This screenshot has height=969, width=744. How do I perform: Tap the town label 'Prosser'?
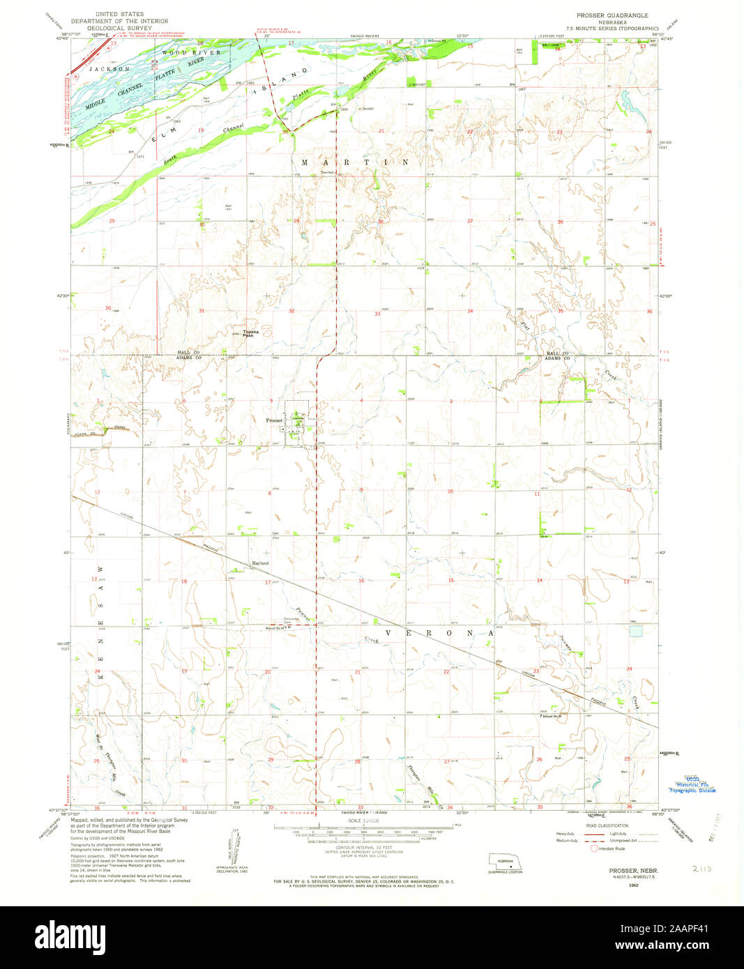point(274,420)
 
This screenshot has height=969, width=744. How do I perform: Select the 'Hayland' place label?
point(260,563)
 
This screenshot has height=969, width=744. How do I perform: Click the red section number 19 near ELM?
point(201,130)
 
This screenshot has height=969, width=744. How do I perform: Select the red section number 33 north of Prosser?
point(377,314)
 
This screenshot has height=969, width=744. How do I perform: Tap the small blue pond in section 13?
point(635,631)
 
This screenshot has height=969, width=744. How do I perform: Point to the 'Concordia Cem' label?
point(291,620)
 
